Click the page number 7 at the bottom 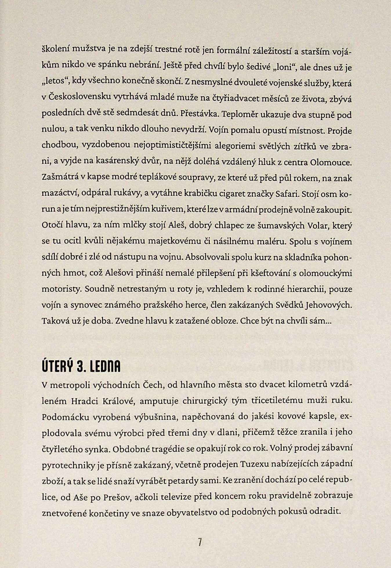200,542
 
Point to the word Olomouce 331,162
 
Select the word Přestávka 200,114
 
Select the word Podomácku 65,417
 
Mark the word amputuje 159,401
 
